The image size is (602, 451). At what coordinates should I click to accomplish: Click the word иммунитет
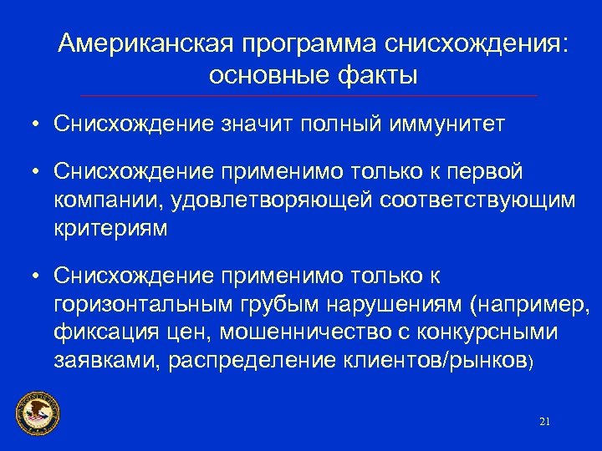tap(447, 124)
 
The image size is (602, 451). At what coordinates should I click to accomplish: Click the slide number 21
tap(545, 422)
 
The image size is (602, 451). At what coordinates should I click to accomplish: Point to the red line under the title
tap(309, 96)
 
